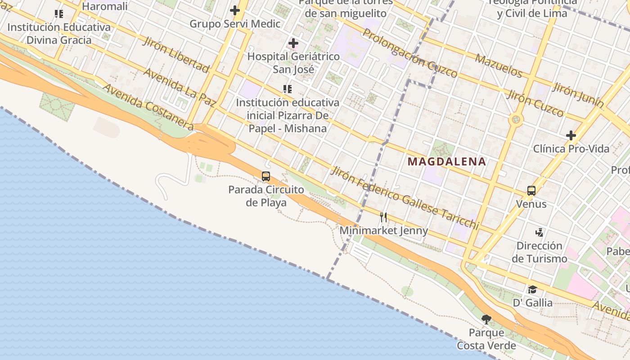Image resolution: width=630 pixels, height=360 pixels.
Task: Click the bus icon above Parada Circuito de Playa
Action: point(266,176)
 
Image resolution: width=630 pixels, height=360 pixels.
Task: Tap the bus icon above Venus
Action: point(531,191)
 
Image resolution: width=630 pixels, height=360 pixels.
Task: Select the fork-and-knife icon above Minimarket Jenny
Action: point(383,217)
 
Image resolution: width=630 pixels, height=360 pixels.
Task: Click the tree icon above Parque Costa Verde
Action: point(486,319)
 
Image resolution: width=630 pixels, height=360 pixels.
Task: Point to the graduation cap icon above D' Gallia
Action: point(532,289)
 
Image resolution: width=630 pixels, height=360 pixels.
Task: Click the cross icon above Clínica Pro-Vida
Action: point(571,135)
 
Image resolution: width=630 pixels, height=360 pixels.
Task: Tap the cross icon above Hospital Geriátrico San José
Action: point(293,43)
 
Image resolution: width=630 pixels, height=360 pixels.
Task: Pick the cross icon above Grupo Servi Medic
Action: point(234,10)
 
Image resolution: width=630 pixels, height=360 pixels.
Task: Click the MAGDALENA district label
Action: point(447,162)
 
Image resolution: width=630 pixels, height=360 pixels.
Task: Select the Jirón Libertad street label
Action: point(176,54)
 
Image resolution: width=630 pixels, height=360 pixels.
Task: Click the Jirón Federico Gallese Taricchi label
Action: point(405,198)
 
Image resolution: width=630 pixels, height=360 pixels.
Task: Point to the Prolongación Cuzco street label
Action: point(410,53)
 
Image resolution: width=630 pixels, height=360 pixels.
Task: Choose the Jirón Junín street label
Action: point(578,95)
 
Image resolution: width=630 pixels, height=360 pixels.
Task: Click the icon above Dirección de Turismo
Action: point(539,233)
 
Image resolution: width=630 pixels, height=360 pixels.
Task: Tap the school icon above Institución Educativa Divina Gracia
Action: point(59,14)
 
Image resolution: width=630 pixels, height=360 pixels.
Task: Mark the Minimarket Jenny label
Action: point(384,231)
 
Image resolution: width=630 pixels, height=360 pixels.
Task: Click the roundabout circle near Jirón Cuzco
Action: point(516,120)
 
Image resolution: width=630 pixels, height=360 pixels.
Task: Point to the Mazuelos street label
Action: point(498,66)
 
